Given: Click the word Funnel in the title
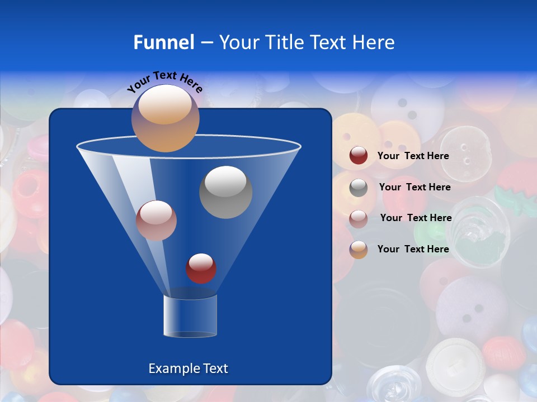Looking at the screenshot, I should click(163, 42).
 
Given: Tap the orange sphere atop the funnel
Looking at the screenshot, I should click(166, 118).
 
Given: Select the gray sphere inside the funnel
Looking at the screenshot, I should click(225, 192).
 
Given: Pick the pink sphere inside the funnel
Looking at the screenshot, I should click(156, 221).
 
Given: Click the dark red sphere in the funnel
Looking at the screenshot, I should click(201, 269).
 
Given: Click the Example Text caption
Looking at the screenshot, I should click(188, 368).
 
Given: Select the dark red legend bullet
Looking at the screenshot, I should click(359, 156).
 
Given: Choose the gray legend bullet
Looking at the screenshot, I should click(359, 188).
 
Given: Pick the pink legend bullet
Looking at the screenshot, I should click(359, 218).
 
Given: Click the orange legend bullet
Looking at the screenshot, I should click(359, 250).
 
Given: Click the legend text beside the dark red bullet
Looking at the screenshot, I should click(413, 156).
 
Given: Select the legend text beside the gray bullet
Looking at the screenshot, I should click(414, 188).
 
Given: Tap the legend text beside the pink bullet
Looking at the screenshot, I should click(416, 218).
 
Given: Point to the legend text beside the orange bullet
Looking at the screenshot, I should click(413, 250).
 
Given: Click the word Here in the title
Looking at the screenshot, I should click(374, 42).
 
